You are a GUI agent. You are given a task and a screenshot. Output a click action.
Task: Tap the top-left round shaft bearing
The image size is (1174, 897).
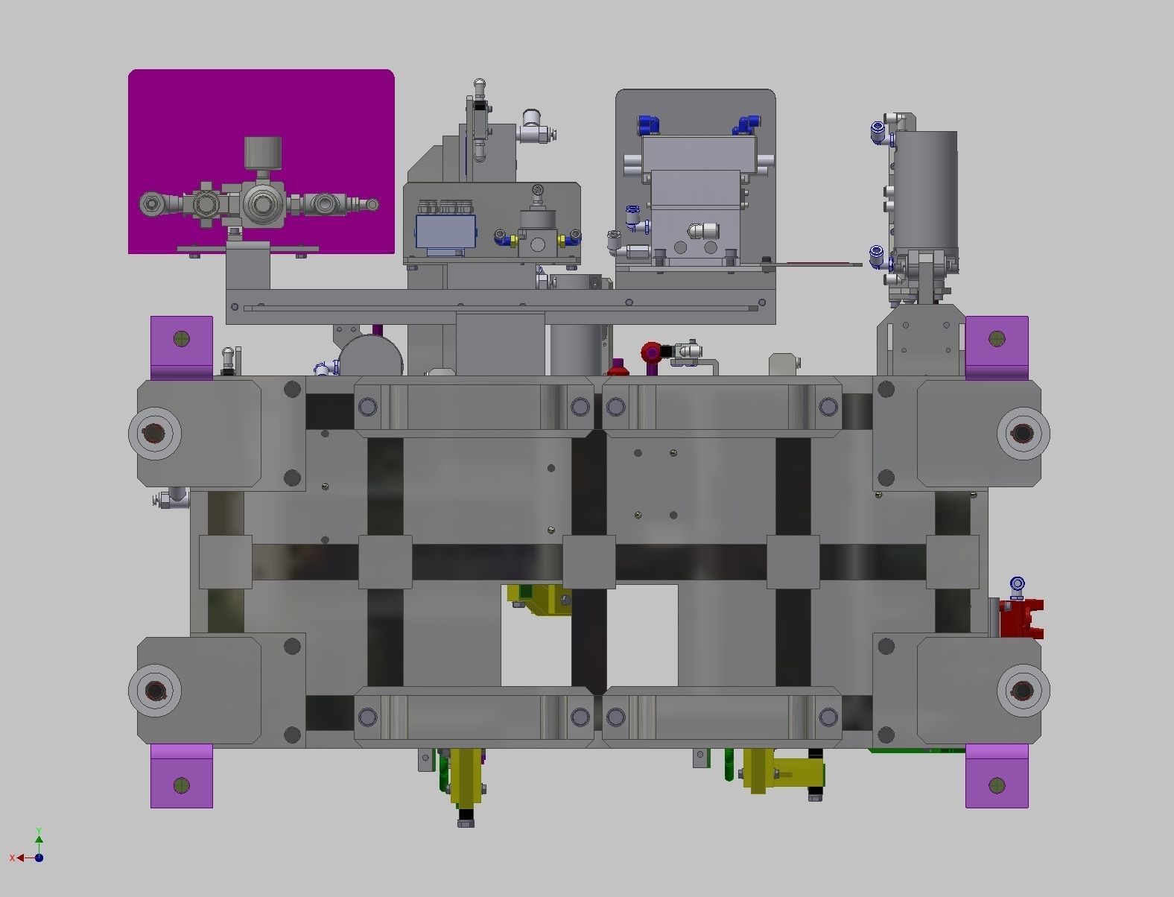pyautogui.click(x=155, y=433)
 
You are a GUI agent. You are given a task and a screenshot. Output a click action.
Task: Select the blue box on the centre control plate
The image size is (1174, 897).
pyautogui.click(x=445, y=232)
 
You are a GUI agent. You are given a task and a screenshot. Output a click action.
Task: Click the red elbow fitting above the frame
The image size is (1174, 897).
pyautogui.click(x=651, y=352)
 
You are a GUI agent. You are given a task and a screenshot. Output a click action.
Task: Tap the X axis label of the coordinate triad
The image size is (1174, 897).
pyautogui.click(x=13, y=858)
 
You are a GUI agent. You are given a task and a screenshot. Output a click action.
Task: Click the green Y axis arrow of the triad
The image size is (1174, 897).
pyautogui.click(x=39, y=839)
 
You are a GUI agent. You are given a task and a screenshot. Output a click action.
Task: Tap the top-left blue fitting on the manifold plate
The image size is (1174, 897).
pyautogui.click(x=647, y=124)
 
